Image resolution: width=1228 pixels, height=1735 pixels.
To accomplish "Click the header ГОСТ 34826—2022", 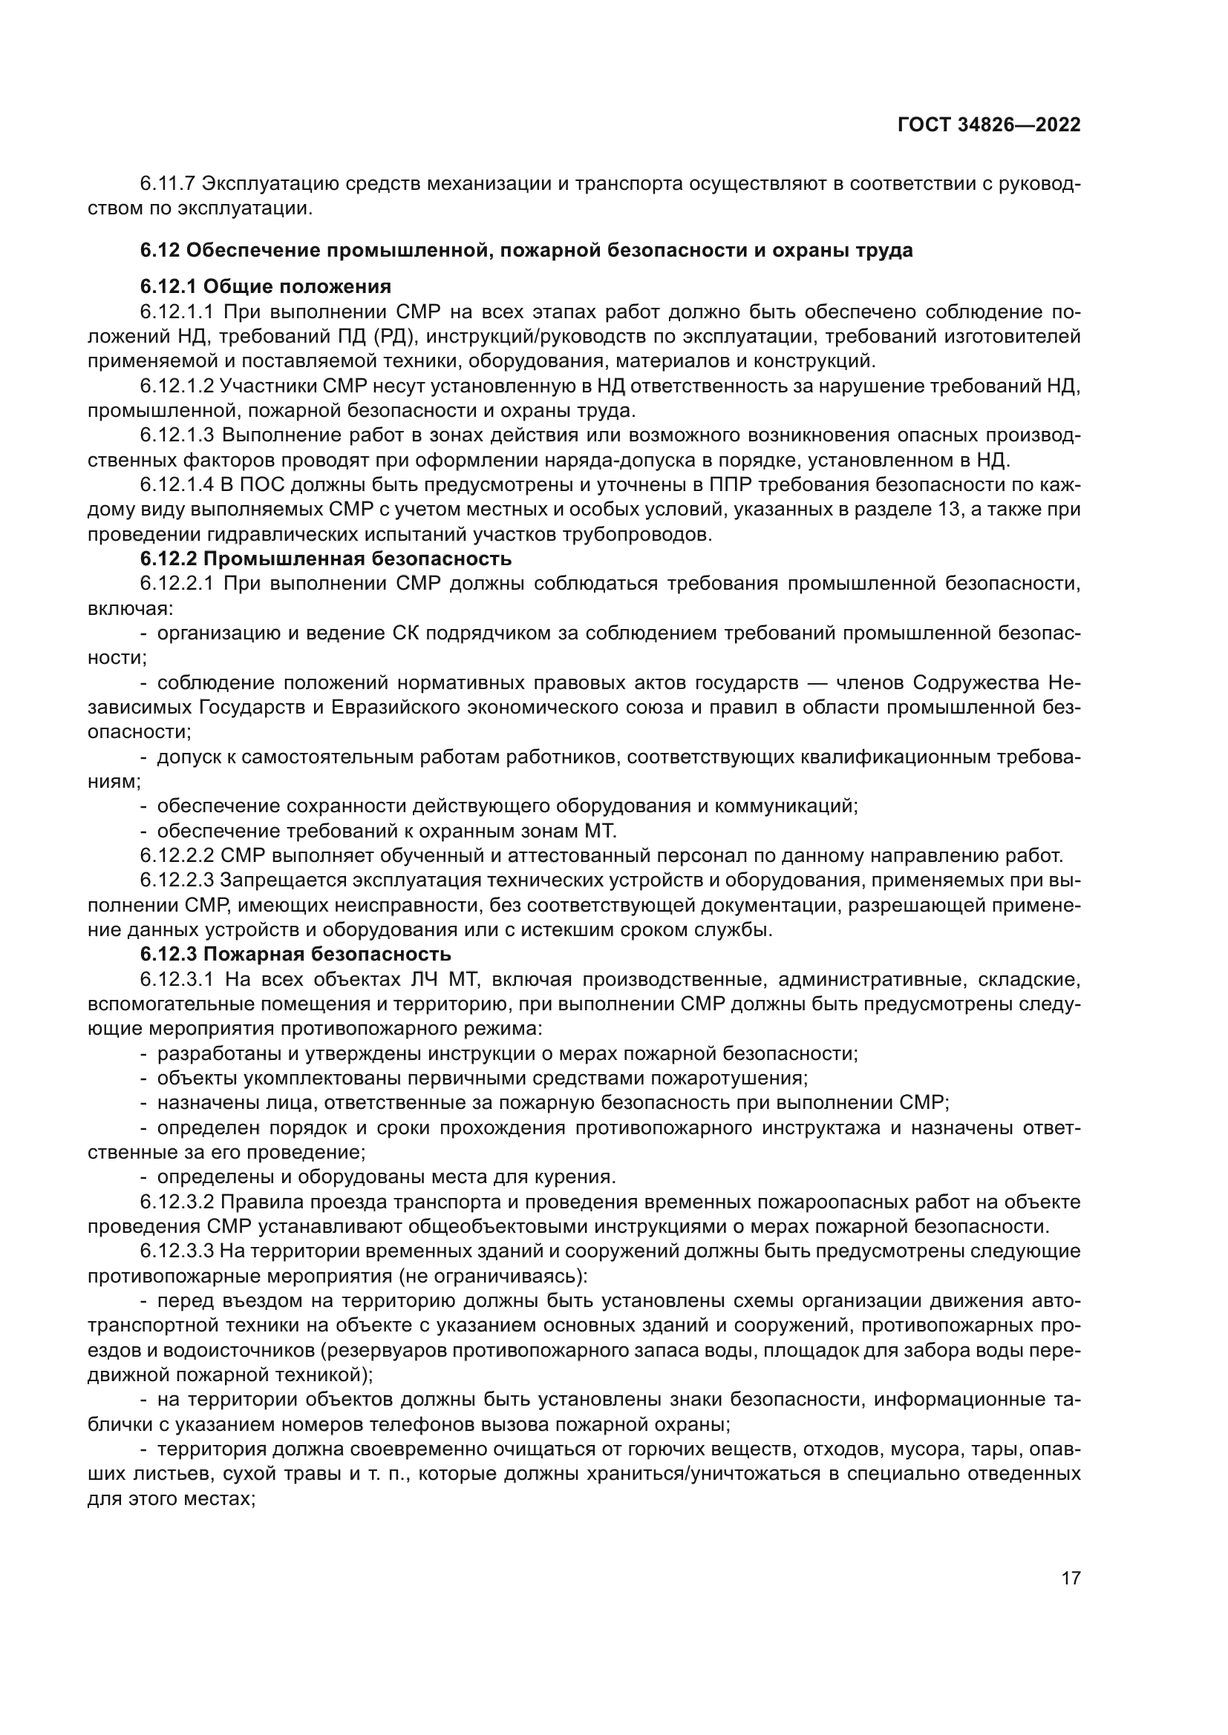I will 988,125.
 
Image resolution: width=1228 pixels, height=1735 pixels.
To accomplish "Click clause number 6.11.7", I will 168,184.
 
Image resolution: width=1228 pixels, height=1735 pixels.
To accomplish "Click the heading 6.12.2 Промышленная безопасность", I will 325,559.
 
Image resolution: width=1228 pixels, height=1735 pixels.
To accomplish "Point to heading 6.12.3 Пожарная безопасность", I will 295,955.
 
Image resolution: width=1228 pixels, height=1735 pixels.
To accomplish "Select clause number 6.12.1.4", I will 177,485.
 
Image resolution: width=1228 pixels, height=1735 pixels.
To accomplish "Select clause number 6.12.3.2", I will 177,1202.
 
